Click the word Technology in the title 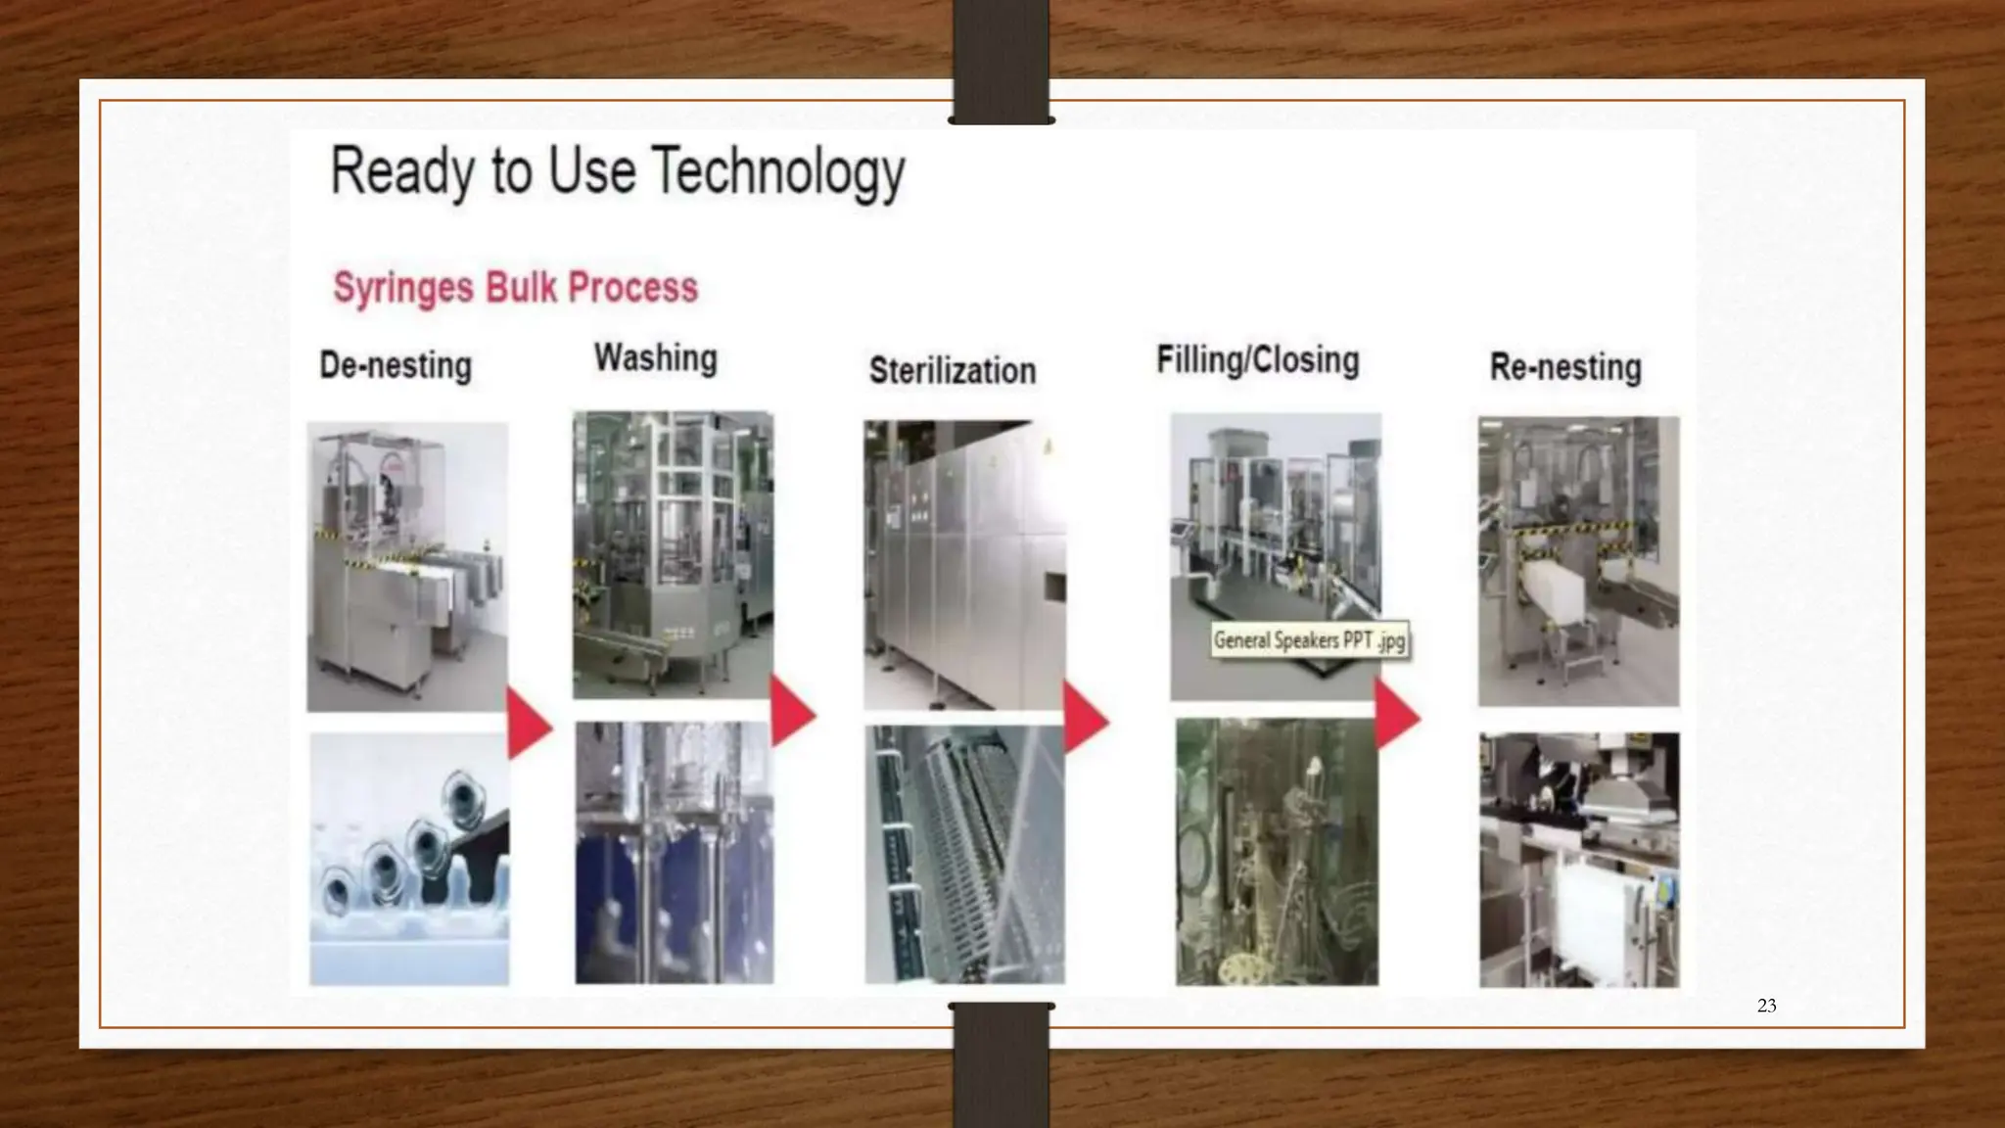pos(778,172)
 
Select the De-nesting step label pos(396,366)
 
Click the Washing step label pos(656,358)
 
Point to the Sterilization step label pos(953,371)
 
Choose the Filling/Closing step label pos(1258,360)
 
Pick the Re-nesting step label pos(1565,367)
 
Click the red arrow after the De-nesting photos pos(529,724)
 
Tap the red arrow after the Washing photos pos(792,712)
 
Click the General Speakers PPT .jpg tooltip pos(1310,641)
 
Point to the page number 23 pos(1766,1006)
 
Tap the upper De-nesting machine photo pos(407,566)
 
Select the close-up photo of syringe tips pos(409,859)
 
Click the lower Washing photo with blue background pos(674,853)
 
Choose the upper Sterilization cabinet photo pos(964,564)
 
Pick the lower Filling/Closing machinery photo pos(1277,852)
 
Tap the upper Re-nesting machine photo pos(1578,561)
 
